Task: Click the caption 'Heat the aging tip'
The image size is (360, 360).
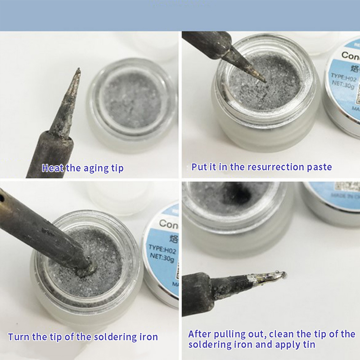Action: [82, 168]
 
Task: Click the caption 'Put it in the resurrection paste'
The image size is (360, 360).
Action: [261, 167]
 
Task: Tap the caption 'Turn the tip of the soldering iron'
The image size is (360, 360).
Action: [83, 337]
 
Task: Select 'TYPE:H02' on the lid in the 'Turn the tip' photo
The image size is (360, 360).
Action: [163, 249]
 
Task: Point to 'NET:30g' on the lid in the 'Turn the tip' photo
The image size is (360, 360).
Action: [163, 259]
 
